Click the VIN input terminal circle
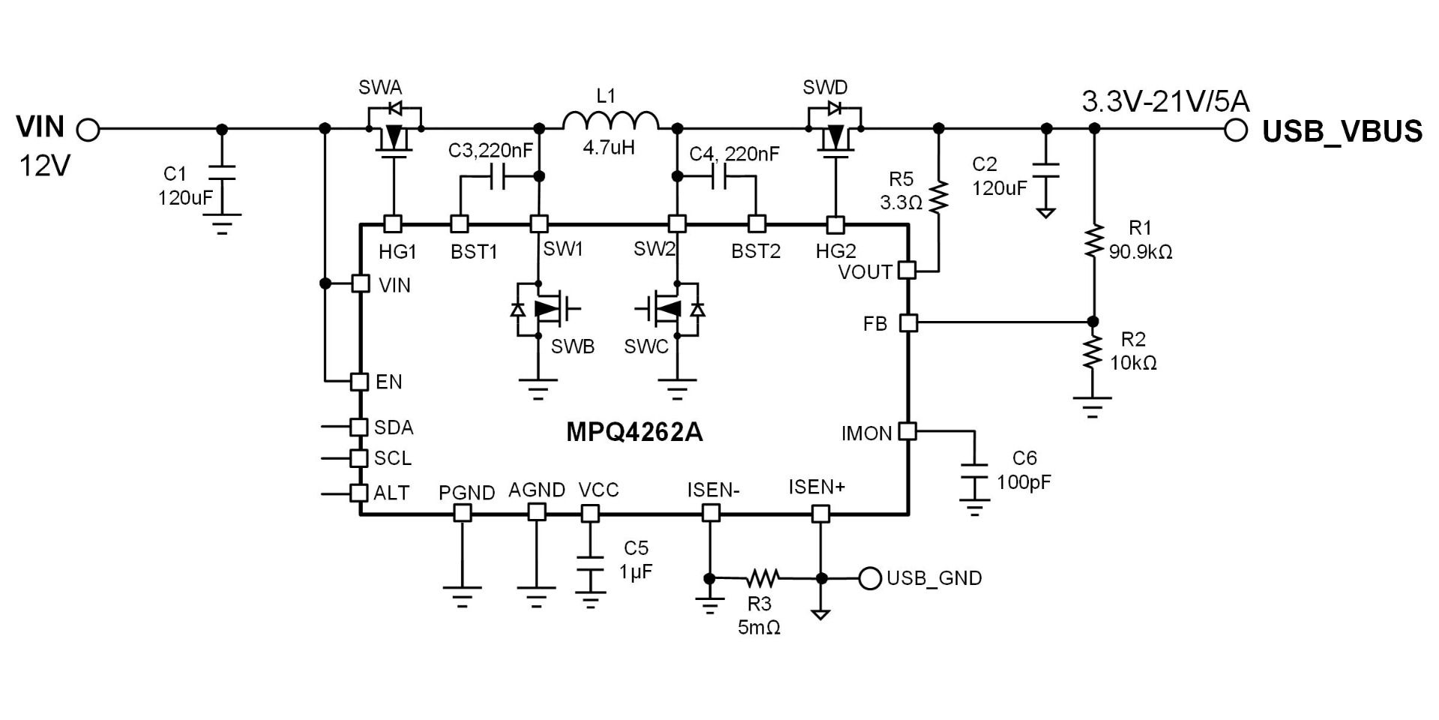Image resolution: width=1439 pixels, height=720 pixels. coord(88,130)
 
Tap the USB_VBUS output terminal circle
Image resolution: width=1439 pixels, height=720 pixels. coord(1236,130)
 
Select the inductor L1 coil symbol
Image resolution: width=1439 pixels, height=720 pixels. coord(610,121)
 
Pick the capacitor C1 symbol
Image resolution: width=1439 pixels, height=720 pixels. coord(221,172)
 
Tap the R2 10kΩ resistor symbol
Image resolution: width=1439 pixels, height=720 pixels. coord(1093,352)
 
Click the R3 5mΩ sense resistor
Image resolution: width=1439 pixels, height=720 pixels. coord(763,577)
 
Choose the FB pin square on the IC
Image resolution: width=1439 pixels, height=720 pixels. coord(908,323)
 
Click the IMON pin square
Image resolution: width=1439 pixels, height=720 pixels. coord(908,432)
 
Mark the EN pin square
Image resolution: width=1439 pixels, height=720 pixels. coord(360,382)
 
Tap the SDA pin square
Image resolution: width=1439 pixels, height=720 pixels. coord(360,427)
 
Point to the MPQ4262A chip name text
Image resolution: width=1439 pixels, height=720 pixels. coord(634,433)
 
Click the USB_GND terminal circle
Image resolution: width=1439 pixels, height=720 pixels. coord(869,578)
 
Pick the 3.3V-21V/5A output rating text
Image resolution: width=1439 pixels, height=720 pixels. coord(1165,101)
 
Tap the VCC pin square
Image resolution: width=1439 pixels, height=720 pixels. coord(591,514)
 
